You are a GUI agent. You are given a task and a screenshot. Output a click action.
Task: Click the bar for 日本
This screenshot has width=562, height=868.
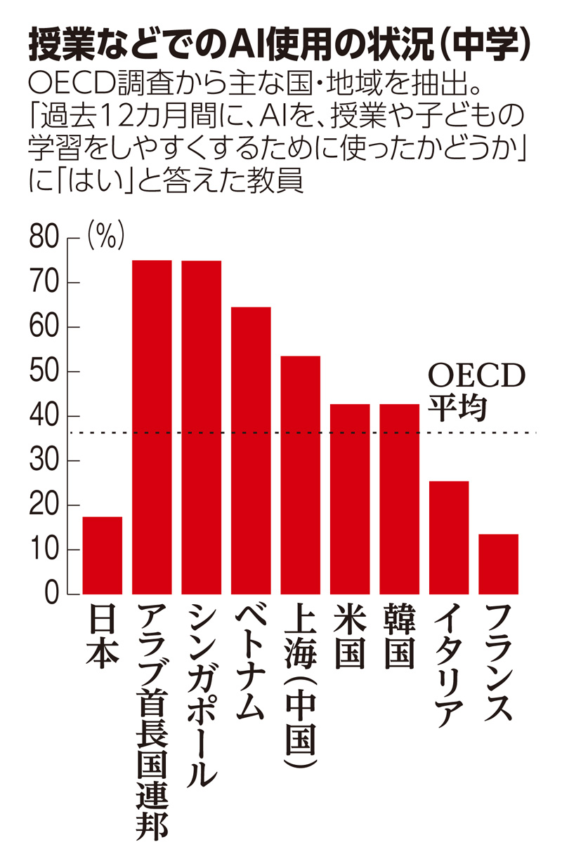[102, 555]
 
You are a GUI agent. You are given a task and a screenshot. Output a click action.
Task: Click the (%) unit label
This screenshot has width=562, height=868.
[105, 236]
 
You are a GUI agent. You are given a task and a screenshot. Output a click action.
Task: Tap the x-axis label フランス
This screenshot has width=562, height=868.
[499, 663]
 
